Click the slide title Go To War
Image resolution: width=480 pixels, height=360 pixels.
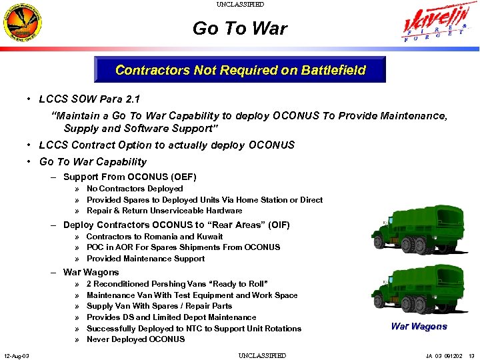coord(240,29)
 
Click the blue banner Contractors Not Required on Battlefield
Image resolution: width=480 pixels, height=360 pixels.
coord(240,70)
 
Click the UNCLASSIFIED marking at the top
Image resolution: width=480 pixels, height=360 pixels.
coord(240,5)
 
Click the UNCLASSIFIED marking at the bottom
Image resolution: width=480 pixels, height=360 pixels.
coord(262,355)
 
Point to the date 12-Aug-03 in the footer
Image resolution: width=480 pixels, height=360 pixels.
coord(16,355)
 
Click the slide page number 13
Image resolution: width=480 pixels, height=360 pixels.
coord(471,355)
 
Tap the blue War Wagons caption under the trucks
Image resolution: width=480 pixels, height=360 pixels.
coord(419,326)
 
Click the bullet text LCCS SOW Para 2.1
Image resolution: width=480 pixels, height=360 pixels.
coord(89,99)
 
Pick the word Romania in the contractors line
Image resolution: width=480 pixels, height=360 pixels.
coord(161,237)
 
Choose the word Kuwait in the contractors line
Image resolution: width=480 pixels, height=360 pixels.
coord(209,237)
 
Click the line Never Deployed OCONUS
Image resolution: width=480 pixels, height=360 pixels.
coord(135,339)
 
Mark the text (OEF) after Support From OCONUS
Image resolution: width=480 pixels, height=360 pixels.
coord(183,177)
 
